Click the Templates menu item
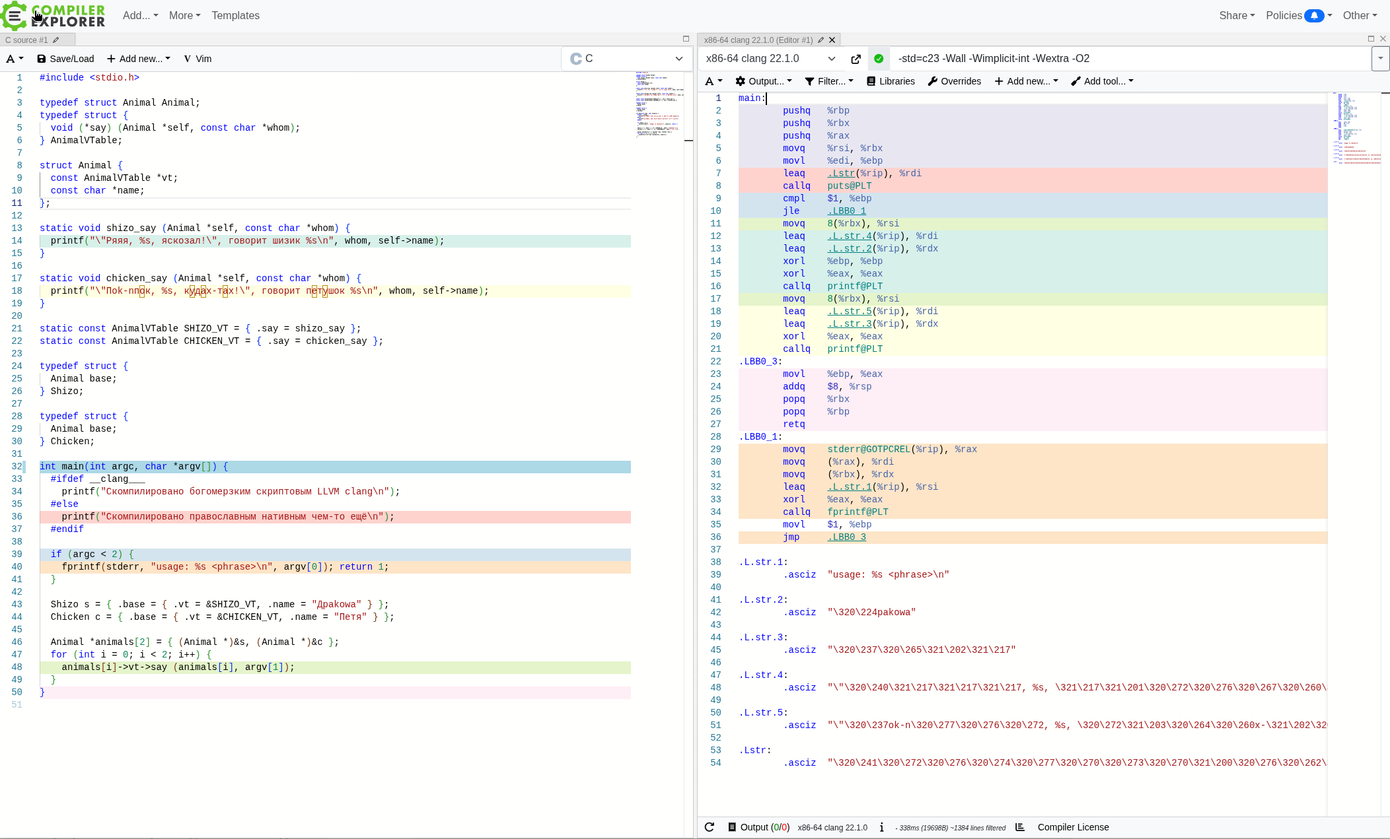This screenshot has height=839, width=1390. [235, 15]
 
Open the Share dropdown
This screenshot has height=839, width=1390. [1237, 15]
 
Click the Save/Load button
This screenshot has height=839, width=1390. [65, 59]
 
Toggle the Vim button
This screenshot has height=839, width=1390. [198, 59]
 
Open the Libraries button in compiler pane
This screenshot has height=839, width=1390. [891, 81]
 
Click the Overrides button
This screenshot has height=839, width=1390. [955, 81]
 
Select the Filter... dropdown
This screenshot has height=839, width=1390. [829, 81]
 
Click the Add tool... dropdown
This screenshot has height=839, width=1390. [1102, 81]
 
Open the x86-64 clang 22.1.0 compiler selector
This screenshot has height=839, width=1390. [770, 59]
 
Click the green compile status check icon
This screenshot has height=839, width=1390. [879, 59]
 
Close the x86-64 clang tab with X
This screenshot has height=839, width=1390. [832, 40]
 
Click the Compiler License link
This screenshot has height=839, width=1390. [1073, 827]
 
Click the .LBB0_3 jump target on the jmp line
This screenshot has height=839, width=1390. [846, 537]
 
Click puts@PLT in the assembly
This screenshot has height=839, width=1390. [849, 186]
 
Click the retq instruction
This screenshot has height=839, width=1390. [793, 424]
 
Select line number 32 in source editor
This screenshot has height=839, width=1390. [17, 467]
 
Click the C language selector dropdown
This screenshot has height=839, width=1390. [626, 59]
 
